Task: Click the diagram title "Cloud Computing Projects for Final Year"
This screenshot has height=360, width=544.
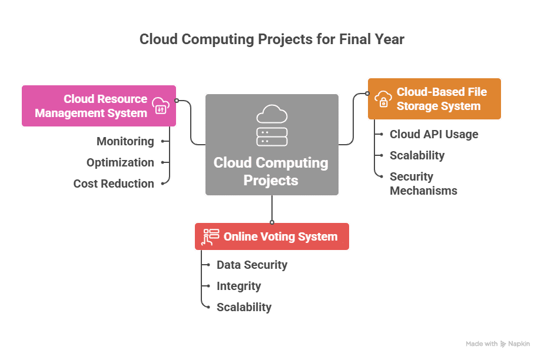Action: pos(272,39)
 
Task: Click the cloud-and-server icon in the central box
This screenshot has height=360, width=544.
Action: pos(272,125)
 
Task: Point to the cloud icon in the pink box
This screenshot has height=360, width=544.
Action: pos(160,106)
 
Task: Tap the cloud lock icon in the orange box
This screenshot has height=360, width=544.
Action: pos(383,99)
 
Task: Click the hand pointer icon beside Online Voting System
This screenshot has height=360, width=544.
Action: pos(210,236)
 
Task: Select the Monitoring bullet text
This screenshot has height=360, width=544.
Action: pos(125,141)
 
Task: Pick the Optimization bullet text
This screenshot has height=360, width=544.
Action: pos(120,162)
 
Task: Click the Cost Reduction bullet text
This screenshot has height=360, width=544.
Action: pos(114,184)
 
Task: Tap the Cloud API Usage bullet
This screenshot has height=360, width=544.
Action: pos(434,134)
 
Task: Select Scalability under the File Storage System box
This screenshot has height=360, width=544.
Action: pos(417,155)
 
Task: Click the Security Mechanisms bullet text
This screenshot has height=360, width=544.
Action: pos(423,184)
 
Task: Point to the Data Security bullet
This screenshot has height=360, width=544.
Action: pos(252,265)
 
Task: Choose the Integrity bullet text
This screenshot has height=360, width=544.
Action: pos(238,286)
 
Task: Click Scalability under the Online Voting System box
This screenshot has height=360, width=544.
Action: pos(244,307)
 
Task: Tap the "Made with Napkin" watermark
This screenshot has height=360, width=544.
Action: pos(497,344)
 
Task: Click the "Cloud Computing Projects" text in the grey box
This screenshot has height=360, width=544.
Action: pos(271,171)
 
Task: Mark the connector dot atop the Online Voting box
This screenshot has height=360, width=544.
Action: pos(272,222)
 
